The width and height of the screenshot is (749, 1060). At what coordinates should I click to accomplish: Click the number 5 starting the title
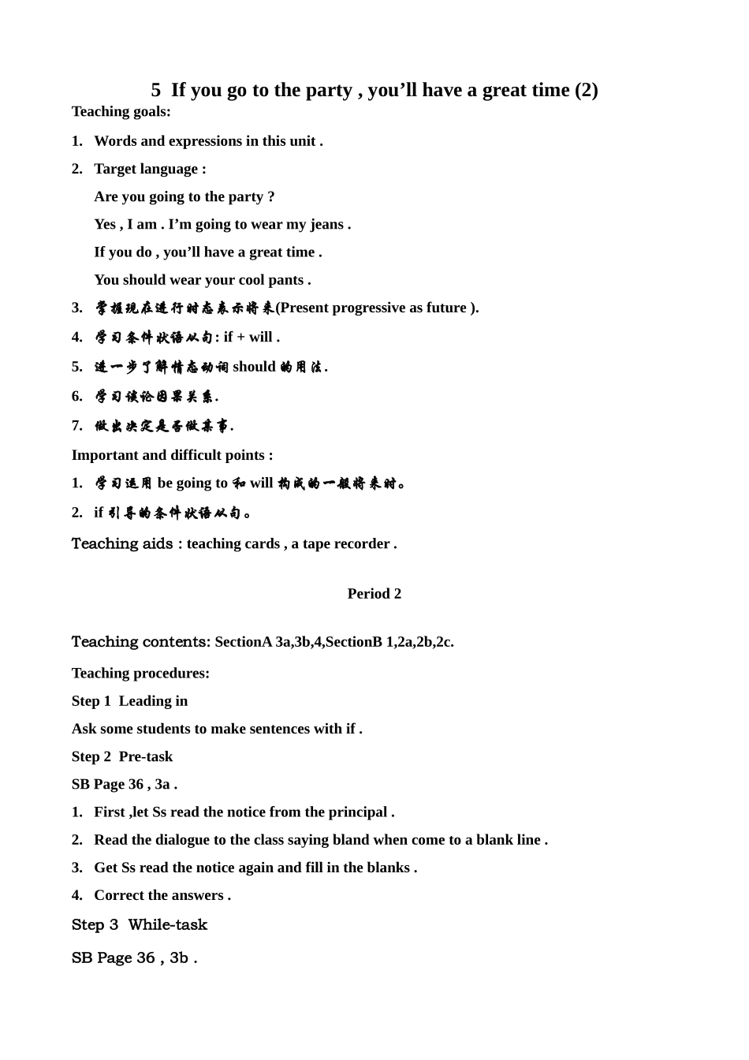point(156,91)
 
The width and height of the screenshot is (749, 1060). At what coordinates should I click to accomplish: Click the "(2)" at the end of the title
point(586,91)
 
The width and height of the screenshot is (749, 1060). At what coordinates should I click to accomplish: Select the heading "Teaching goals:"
point(121,111)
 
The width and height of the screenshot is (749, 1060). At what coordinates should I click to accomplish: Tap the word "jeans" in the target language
point(326,225)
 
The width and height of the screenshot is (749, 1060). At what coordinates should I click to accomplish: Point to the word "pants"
point(285,280)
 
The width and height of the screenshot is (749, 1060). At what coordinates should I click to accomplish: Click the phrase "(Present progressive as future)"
point(377,308)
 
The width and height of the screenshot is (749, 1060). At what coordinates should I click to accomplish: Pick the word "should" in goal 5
point(254,367)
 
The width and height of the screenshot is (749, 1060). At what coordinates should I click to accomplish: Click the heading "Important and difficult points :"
point(172,455)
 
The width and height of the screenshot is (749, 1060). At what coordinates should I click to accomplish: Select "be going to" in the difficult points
point(192,483)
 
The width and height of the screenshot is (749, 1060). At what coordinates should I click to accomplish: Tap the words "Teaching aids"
point(122,543)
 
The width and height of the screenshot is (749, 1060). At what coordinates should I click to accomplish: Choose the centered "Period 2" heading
point(374,594)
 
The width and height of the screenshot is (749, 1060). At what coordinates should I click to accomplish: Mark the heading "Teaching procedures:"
point(140,674)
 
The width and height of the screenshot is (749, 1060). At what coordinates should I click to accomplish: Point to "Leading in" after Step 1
point(153,701)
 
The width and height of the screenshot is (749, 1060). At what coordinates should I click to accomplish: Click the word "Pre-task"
point(146,757)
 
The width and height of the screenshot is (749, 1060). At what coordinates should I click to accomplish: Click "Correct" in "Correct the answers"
point(119,895)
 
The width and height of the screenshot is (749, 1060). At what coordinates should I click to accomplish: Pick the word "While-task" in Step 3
point(167,925)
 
